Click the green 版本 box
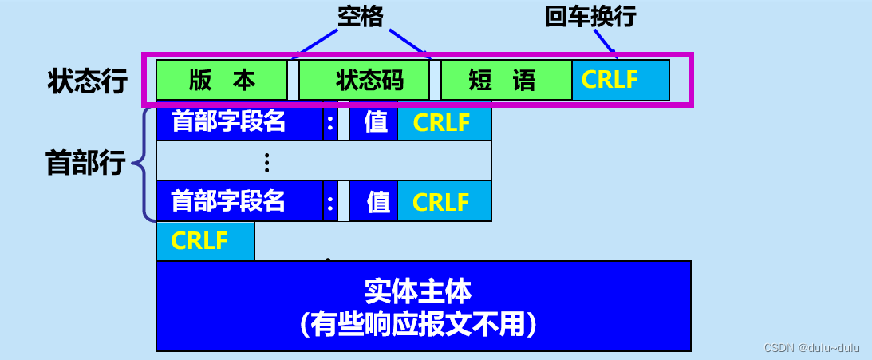[x=222, y=80]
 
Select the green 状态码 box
[x=365, y=80]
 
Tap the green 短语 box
[x=506, y=80]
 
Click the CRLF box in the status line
[x=621, y=80]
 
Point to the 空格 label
[x=361, y=18]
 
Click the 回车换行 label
[x=590, y=18]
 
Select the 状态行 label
[x=88, y=81]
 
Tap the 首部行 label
[x=85, y=164]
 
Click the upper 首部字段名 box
[x=239, y=122]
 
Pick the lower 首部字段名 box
[x=239, y=201]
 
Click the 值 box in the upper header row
[x=373, y=122]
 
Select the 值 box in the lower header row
[x=373, y=201]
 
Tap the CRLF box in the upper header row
[x=444, y=122]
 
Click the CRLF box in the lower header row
[x=444, y=201]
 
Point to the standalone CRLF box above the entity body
[x=205, y=241]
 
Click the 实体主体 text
[x=418, y=291]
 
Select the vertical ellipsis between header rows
[x=267, y=162]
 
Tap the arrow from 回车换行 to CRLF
[x=605, y=42]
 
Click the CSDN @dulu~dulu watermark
[x=812, y=348]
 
